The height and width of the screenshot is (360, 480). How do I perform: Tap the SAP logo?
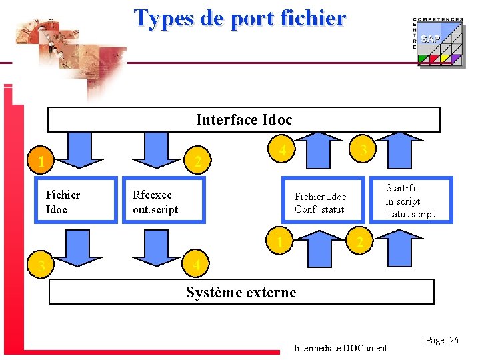431,39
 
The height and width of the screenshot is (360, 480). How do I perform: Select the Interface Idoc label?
244,120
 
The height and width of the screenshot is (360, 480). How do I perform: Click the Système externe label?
241,292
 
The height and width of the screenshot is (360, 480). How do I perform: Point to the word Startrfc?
403,189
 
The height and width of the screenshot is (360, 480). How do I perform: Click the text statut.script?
410,214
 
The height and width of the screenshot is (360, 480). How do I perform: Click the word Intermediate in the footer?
317,348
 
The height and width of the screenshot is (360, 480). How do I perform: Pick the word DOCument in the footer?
365,348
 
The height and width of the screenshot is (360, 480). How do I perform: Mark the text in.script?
403,201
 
